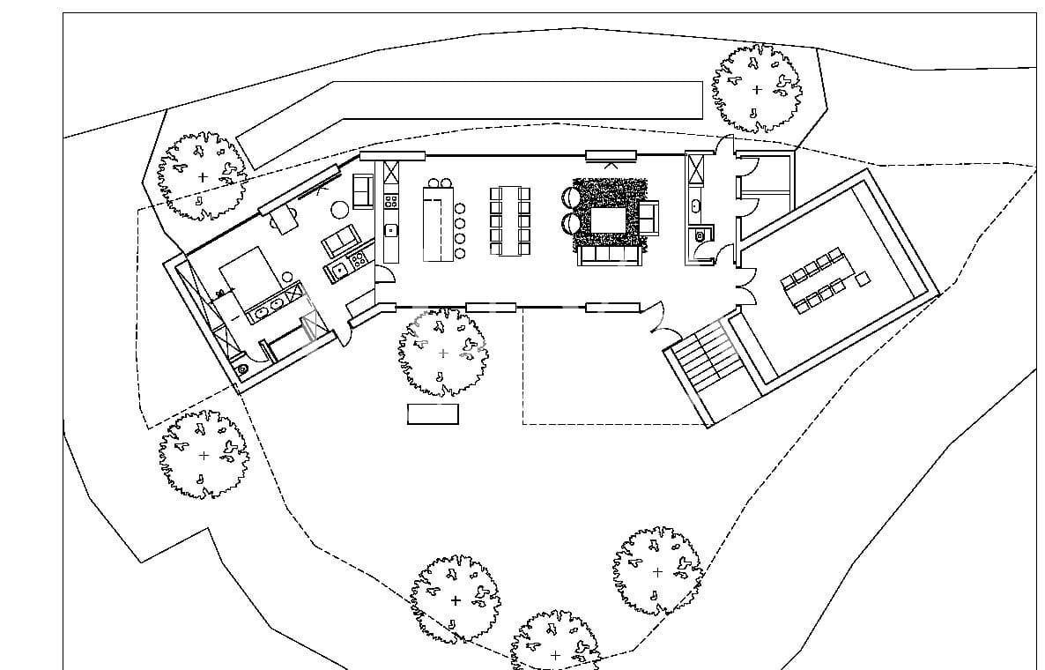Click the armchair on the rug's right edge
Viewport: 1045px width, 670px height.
tap(648, 217)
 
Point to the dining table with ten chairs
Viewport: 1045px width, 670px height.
tap(510, 220)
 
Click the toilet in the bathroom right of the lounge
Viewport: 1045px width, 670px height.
tap(700, 235)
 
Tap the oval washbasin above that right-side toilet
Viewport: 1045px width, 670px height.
tap(697, 206)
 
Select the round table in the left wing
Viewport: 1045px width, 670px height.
tap(340, 209)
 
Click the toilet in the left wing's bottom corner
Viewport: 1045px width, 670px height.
tap(241, 368)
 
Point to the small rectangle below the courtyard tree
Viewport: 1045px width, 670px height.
tap(433, 413)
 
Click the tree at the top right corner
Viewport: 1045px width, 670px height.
tap(757, 88)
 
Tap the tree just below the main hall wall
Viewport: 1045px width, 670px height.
tap(442, 353)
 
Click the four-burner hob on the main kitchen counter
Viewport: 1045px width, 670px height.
tap(390, 201)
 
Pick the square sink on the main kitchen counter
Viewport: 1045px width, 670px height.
tap(390, 232)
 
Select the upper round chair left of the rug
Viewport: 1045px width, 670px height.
tap(567, 199)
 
